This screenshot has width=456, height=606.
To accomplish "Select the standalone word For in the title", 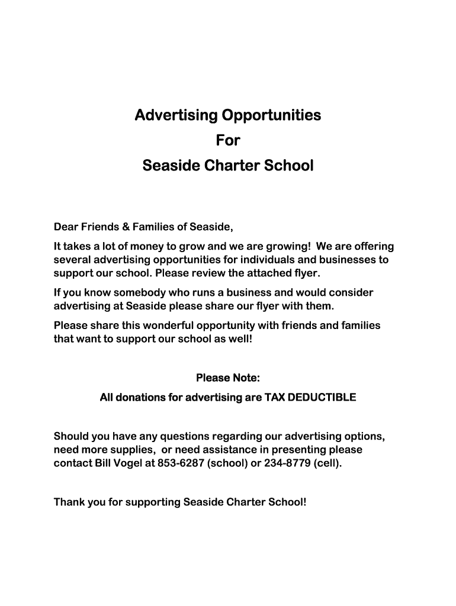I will point(228,140).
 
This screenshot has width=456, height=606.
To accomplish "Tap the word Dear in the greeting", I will point(66,227).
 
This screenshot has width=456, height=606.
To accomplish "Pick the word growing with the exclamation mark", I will point(288,247).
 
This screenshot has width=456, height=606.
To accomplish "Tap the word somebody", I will point(130,293).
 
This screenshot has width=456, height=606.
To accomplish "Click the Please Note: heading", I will point(228,378).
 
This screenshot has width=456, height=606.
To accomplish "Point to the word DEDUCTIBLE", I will point(322,398).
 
